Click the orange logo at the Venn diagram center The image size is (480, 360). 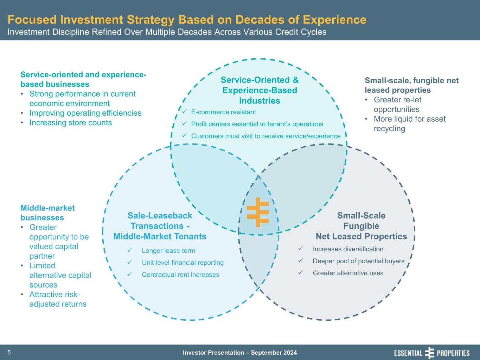tap(258, 212)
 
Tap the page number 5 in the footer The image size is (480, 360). tap(9, 353)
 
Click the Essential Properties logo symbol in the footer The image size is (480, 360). tap(429, 353)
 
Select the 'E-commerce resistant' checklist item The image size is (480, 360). tap(223, 112)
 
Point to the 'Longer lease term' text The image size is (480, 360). tap(168, 251)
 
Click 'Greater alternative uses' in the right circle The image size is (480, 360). tap(348, 273)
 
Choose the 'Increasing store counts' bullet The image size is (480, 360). tap(70, 123)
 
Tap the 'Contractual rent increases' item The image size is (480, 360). tap(180, 275)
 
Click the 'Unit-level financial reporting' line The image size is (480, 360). tap(183, 263)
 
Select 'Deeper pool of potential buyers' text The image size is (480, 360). tap(358, 261)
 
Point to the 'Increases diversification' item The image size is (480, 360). tap(348, 249)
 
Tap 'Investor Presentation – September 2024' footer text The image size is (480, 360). tap(240, 353)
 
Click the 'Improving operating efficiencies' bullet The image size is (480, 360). tap(85, 113)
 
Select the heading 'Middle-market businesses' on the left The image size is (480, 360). tap(47, 213)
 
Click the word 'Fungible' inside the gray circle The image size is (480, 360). tap(361, 226)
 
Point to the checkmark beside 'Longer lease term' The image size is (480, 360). tap(129, 250)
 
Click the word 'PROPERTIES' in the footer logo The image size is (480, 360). tap(453, 353)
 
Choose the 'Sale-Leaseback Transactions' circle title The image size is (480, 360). tap(160, 221)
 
